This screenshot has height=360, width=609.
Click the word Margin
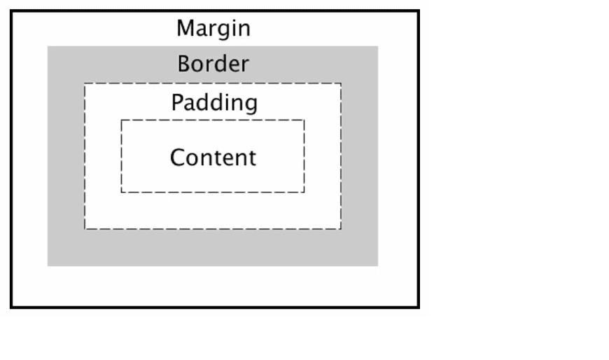click(x=213, y=29)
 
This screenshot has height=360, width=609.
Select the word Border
click(x=213, y=63)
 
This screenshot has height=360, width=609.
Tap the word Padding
click(x=214, y=103)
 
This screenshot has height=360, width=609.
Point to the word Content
click(x=213, y=158)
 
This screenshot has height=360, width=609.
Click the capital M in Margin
click(x=185, y=28)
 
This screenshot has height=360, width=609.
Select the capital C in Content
click(x=178, y=158)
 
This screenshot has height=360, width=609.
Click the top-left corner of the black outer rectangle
click(x=11, y=11)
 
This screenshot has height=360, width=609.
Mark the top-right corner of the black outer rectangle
click(x=419, y=11)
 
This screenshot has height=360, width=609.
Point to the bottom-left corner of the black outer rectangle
click(x=11, y=308)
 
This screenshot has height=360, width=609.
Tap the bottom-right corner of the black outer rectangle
click(x=419, y=308)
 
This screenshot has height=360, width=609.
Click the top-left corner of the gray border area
click(x=48, y=46)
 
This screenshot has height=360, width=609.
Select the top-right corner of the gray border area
click(x=378, y=46)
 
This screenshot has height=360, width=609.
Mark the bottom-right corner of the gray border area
click(x=378, y=266)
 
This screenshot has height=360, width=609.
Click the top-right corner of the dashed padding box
click(x=341, y=83)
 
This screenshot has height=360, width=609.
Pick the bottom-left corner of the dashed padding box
click(x=85, y=229)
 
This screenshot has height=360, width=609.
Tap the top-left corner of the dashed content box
click(x=121, y=120)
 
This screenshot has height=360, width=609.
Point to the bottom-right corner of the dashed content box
click(x=304, y=192)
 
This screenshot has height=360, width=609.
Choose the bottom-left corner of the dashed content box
click(x=121, y=192)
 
